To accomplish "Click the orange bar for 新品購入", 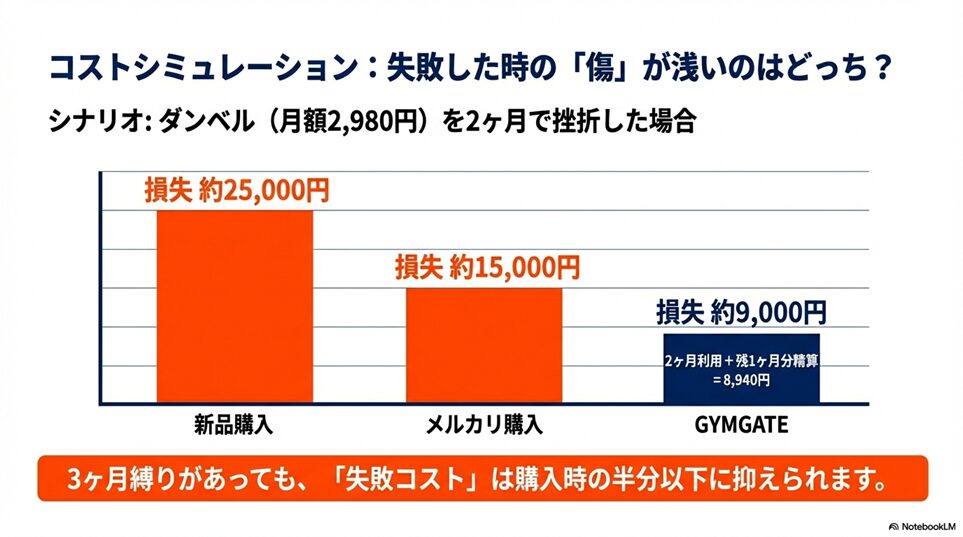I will (x=235, y=305).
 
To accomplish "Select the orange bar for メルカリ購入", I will (x=483, y=345).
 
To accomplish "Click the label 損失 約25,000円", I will (x=236, y=191).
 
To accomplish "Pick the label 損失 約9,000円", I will (x=741, y=313).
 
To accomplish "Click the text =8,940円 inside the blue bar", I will (x=741, y=380).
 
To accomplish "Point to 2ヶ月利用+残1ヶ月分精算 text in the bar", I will (x=741, y=359).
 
